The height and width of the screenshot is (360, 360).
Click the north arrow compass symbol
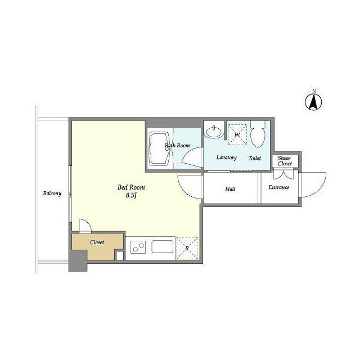(x=313, y=102)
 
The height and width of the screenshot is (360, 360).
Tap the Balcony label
(x=52, y=193)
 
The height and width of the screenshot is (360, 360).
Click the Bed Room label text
(x=131, y=187)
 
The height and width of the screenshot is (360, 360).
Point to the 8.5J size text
(x=131, y=195)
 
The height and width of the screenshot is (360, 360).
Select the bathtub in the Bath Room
(x=160, y=148)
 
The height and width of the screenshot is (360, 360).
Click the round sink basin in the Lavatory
(x=214, y=133)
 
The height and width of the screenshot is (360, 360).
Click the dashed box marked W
(x=237, y=134)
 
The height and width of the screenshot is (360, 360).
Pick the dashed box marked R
(x=187, y=248)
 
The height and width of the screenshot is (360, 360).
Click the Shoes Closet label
(x=285, y=161)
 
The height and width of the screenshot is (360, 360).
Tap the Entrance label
(x=279, y=187)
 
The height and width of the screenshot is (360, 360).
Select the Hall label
(x=230, y=189)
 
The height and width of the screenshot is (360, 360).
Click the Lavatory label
(x=226, y=157)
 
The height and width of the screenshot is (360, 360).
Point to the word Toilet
(x=255, y=158)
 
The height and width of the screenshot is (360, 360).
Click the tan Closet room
(x=97, y=246)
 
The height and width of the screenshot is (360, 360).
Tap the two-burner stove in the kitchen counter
(x=138, y=247)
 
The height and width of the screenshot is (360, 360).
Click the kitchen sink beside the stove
(x=163, y=246)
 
